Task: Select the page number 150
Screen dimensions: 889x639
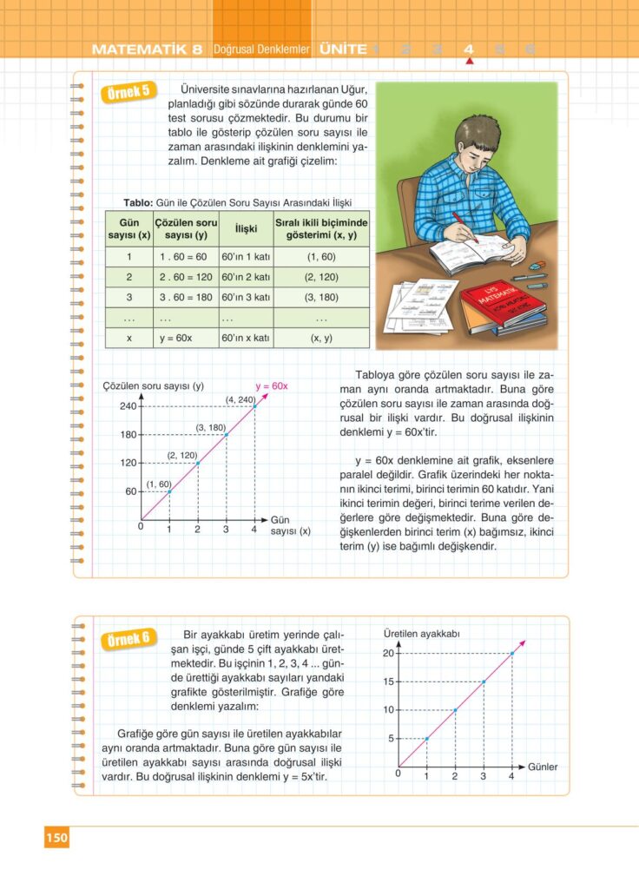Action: (x=56, y=838)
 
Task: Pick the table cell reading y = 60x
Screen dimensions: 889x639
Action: (x=176, y=338)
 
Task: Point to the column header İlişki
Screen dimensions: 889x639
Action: (x=237, y=228)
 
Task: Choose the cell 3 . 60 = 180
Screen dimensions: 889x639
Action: (x=182, y=297)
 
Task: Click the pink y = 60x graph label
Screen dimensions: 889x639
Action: (x=271, y=385)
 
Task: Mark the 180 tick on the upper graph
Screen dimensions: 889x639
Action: (x=128, y=435)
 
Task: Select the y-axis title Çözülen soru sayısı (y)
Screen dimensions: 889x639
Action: (x=153, y=385)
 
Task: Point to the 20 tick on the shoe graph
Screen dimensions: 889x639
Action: (x=388, y=653)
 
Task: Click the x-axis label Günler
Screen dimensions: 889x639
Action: (x=543, y=767)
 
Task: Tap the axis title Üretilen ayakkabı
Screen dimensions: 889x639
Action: (x=421, y=633)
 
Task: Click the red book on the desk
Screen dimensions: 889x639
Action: (x=503, y=300)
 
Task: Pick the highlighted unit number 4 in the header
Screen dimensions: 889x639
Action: (x=469, y=49)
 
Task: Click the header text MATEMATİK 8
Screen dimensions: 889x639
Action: (x=147, y=49)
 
